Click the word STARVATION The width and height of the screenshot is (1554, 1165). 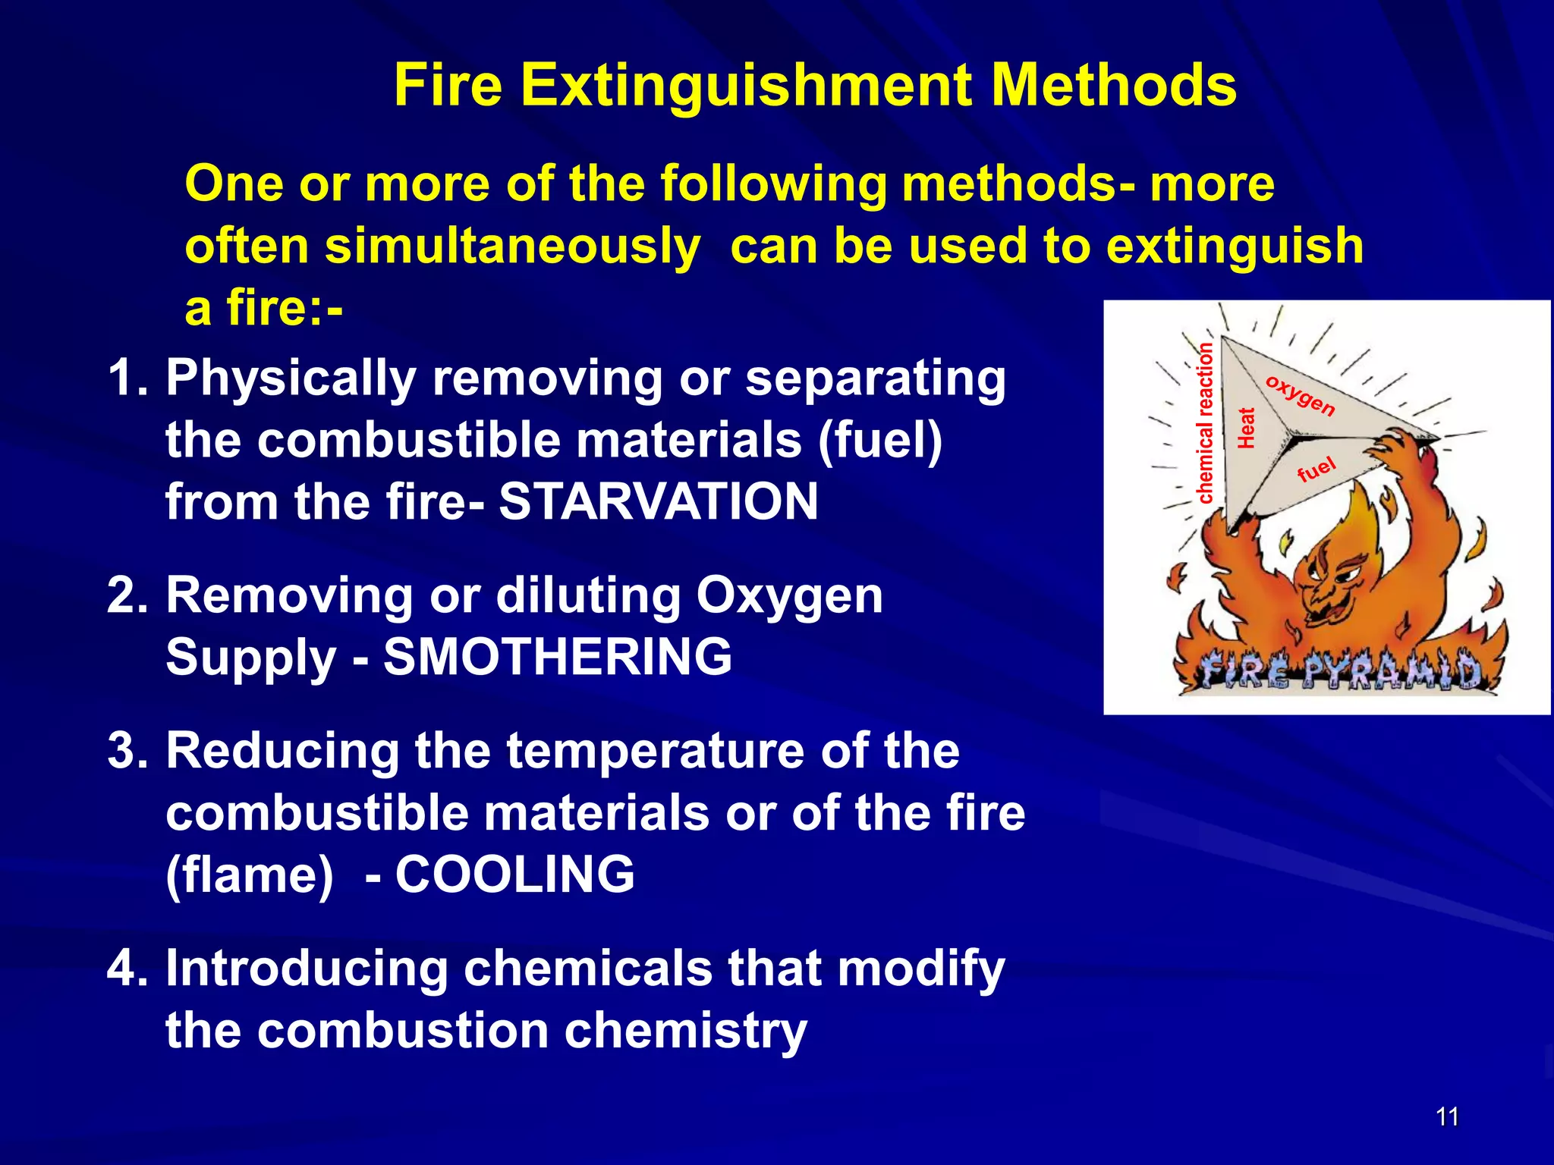tap(659, 502)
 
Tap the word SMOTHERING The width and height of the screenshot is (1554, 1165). tap(558, 657)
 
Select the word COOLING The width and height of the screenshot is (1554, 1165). tap(514, 875)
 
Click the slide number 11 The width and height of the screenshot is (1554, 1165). tap(1447, 1116)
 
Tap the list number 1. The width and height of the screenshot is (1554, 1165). tap(125, 378)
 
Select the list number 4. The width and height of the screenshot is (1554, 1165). tap(125, 969)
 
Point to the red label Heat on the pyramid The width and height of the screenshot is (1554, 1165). tap(1246, 428)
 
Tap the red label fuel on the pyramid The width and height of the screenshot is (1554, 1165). tap(1316, 469)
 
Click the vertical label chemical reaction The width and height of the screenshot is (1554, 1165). tap(1205, 423)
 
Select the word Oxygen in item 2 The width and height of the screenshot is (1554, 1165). tap(789, 596)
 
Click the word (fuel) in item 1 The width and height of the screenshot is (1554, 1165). tap(879, 441)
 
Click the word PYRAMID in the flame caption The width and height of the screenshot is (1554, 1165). tap(1393, 672)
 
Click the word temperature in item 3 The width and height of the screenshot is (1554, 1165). tap(657, 752)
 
